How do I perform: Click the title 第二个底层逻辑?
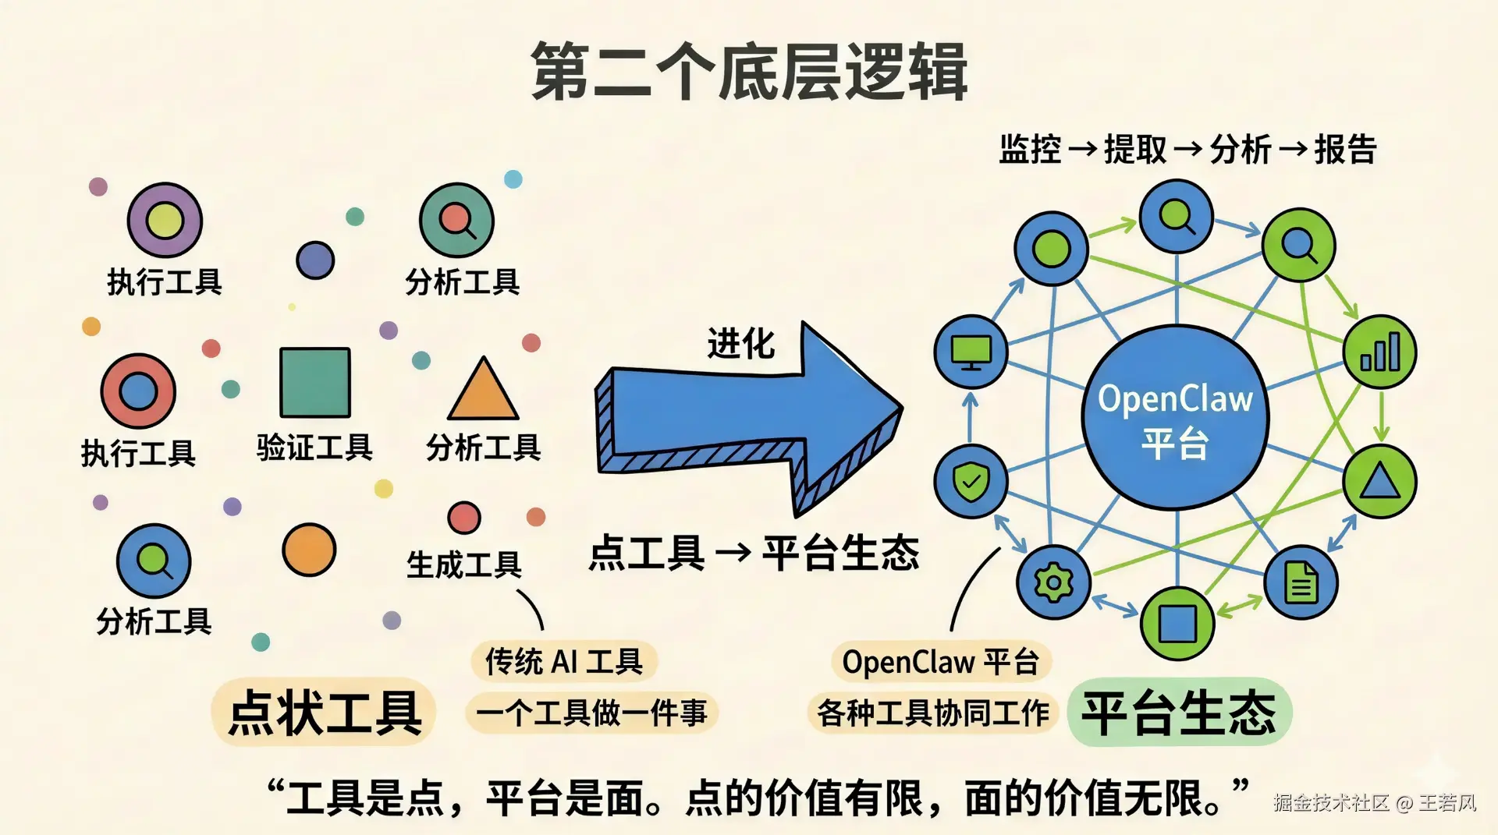pos(749,72)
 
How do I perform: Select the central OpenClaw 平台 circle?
pos(1175,418)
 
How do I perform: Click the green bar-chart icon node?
pos(1379,352)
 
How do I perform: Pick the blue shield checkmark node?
pos(971,481)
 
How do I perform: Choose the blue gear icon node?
pos(1053,582)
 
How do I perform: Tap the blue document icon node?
pos(1301,582)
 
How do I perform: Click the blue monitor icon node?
pos(971,352)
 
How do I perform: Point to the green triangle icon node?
pos(1379,481)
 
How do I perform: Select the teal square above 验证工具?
pos(315,383)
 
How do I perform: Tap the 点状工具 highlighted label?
pos(325,713)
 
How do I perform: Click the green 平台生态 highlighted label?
pos(1178,713)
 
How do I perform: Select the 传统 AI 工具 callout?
pos(563,662)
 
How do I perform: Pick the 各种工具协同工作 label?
pos(932,713)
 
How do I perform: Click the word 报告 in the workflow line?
pos(1346,149)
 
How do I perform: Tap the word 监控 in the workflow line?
pos(1030,149)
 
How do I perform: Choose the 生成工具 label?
pos(463,564)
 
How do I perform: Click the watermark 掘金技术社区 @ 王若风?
pos(1375,803)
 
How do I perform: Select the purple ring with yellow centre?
pos(165,220)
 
